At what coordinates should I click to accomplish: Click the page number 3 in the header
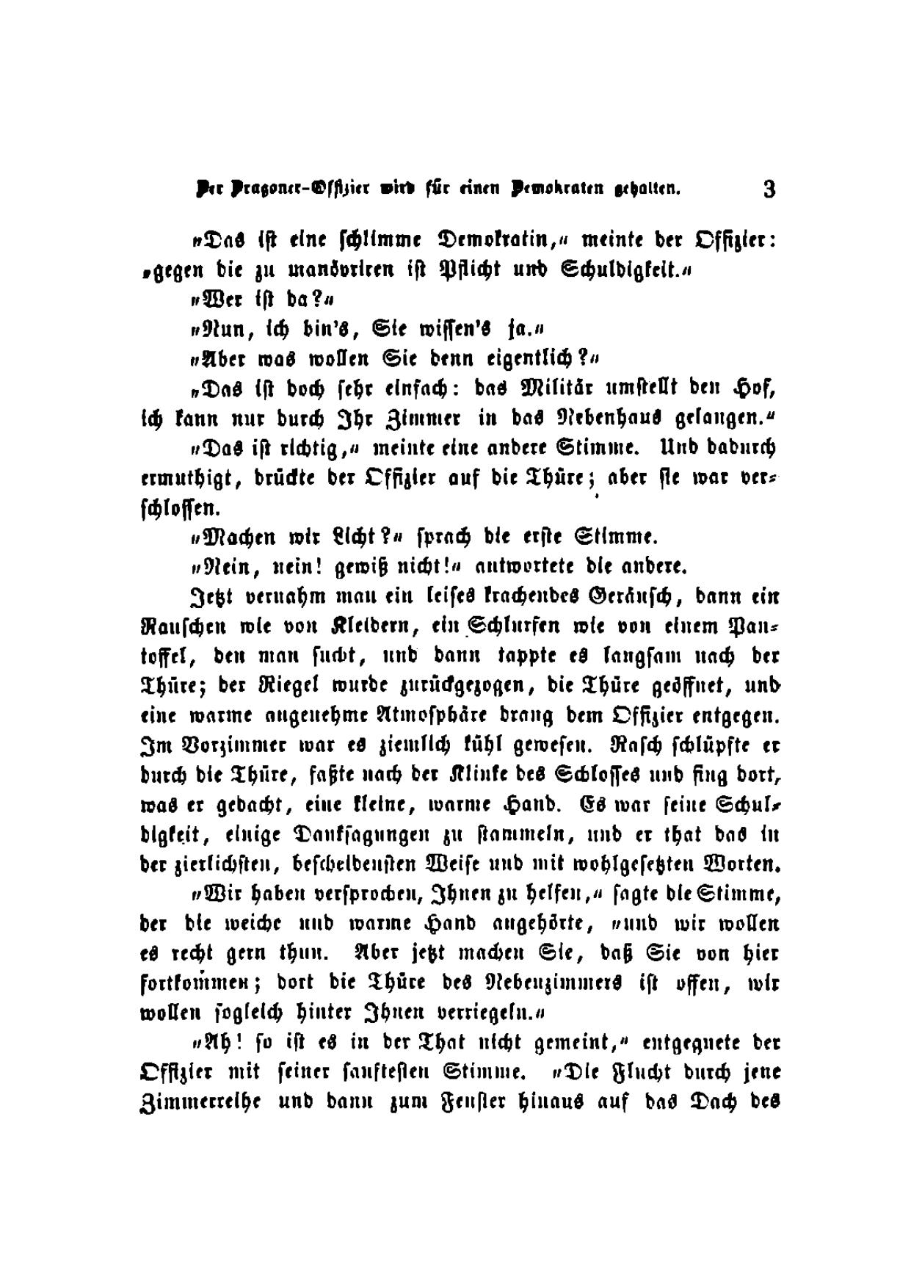(x=769, y=189)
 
